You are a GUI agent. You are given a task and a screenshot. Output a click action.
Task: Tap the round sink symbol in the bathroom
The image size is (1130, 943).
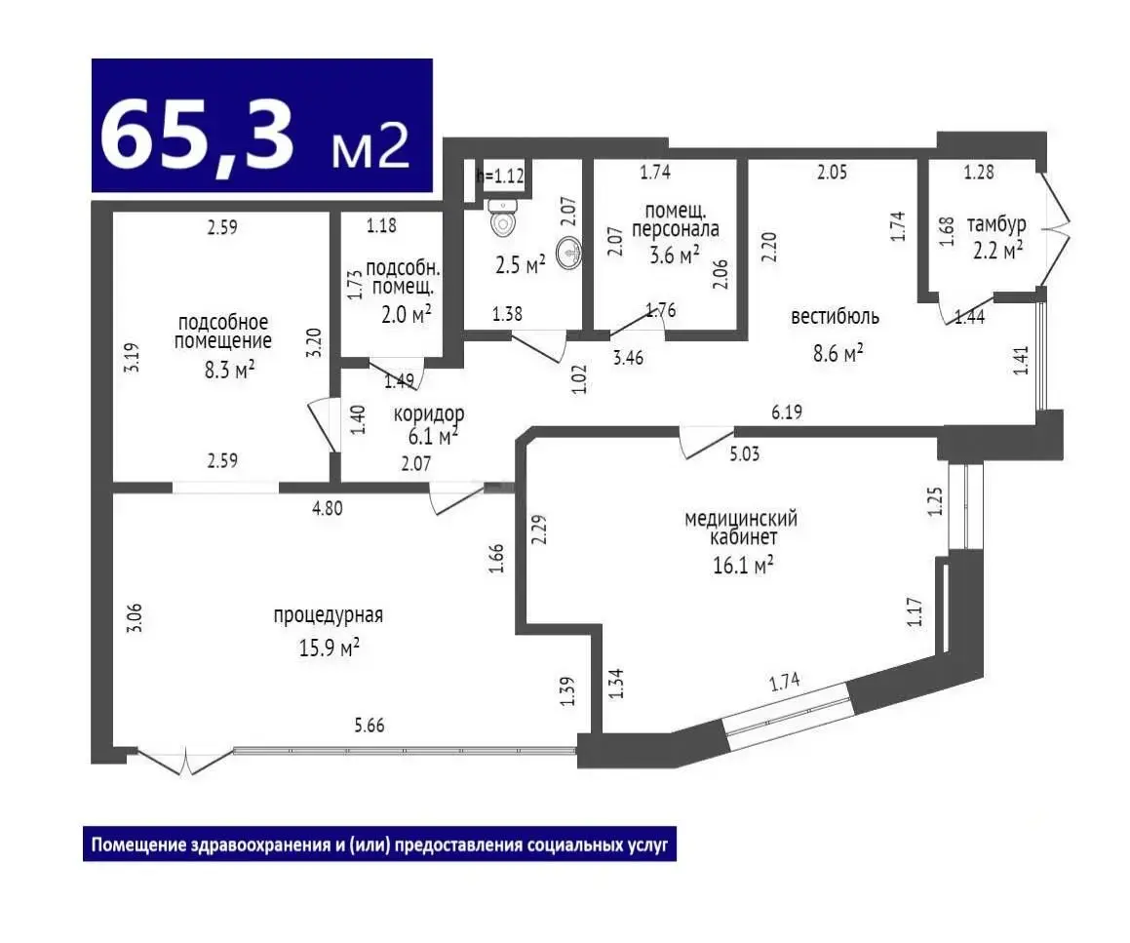click(570, 254)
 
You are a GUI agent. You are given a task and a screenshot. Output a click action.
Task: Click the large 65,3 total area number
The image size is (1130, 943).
click(198, 135)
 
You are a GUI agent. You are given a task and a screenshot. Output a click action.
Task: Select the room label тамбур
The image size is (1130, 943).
click(996, 225)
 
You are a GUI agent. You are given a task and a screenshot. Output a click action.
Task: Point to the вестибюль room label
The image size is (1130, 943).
click(835, 317)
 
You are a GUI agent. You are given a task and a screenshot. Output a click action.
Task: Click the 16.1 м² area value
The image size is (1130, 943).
click(743, 566)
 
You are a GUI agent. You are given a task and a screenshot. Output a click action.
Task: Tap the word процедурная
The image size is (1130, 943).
click(328, 615)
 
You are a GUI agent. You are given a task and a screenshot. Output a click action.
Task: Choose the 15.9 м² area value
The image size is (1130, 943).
click(330, 648)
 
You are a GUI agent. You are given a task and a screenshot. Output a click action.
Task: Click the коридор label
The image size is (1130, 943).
click(429, 414)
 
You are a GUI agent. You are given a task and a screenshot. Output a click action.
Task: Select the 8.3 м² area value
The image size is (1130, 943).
click(229, 371)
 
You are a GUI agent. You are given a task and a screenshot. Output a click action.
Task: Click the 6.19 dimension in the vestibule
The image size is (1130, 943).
click(786, 413)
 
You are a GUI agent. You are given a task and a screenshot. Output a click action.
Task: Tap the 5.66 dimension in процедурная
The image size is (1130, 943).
click(369, 726)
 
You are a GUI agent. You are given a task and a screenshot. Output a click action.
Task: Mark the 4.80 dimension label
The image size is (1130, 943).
click(328, 508)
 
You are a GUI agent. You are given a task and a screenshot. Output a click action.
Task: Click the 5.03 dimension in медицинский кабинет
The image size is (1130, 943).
click(745, 454)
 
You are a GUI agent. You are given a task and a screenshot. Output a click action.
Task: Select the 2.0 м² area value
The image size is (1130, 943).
click(406, 314)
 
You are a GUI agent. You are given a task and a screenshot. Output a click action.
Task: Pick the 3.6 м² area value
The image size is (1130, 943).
click(675, 255)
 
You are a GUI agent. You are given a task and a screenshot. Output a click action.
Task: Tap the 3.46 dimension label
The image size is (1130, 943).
click(628, 358)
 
